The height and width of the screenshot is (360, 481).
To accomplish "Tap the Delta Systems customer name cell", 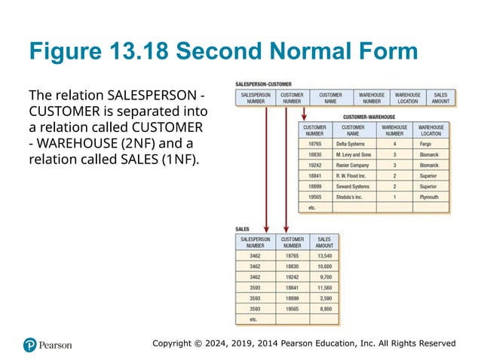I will pyautogui.click(x=352, y=142).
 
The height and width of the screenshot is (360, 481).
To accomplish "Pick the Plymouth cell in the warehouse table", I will pyautogui.click(x=429, y=197).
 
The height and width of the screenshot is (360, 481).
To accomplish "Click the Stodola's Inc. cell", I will pyautogui.click(x=349, y=197).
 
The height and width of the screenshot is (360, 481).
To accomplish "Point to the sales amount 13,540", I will pyautogui.click(x=324, y=255).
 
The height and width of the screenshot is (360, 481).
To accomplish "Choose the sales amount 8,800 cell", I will pyautogui.click(x=324, y=308).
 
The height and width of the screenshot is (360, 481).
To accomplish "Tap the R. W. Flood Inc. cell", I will pyautogui.click(x=351, y=175).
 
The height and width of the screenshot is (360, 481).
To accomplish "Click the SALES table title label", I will pyautogui.click(x=243, y=228).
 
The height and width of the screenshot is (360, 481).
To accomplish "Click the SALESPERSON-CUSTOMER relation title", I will pyautogui.click(x=264, y=84).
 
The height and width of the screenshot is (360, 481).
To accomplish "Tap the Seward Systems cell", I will pyautogui.click(x=352, y=186).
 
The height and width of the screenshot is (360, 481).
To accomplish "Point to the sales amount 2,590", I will pyautogui.click(x=324, y=297).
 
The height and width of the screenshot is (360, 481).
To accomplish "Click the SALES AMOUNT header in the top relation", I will pyautogui.click(x=441, y=98).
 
